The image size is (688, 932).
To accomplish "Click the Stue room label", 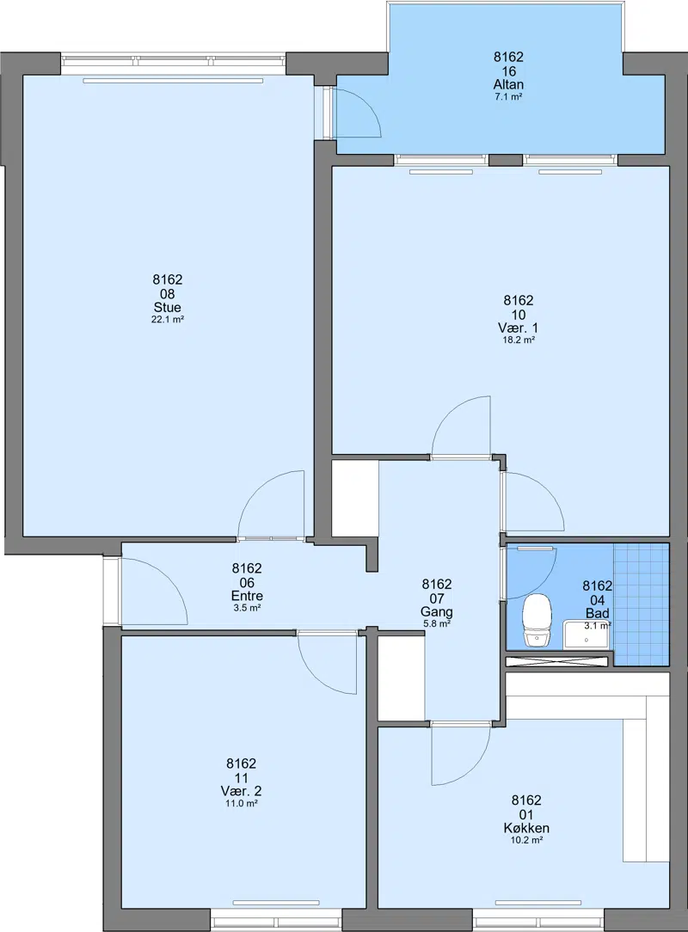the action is coord(167,307).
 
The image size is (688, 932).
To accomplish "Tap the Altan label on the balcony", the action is coord(508,84).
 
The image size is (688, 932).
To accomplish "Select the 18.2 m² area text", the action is coord(519,340).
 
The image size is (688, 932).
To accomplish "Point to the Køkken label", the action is coord(526,828).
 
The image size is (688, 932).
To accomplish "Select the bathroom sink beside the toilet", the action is coord(587,635).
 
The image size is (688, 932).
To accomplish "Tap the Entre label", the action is coord(248,596).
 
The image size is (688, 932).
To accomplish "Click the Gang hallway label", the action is coord(437,611).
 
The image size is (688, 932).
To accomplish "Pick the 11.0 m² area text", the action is coord(242,803).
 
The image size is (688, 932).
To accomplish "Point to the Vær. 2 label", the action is coord(242,791).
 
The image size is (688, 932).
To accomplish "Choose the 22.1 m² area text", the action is coord(167,319).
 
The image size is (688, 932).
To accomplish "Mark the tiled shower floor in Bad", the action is coord(641,604).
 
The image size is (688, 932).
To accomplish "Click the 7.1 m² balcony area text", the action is coord(508,96).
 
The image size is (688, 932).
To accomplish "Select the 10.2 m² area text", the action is coord(526,840).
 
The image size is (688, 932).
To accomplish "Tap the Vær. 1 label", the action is coord(519,328).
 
